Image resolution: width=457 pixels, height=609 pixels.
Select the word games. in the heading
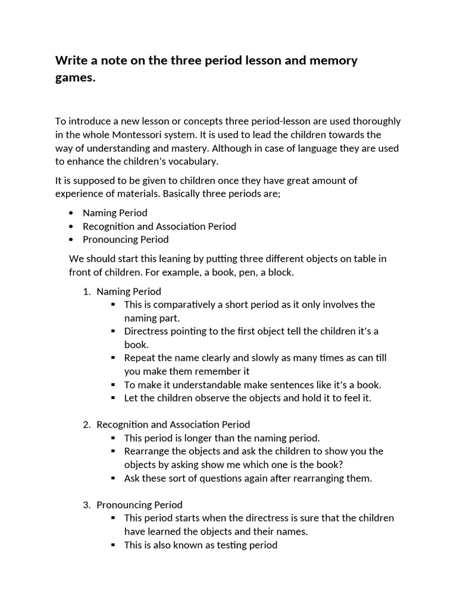tap(76, 78)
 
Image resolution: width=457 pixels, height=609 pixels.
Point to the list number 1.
tap(86, 291)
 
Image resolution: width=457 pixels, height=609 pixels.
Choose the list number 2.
tap(86, 425)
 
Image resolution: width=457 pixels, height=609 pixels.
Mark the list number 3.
tap(86, 505)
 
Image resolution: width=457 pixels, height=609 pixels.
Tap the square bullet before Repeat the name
tap(113, 358)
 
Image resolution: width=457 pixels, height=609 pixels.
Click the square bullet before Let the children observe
tap(113, 398)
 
